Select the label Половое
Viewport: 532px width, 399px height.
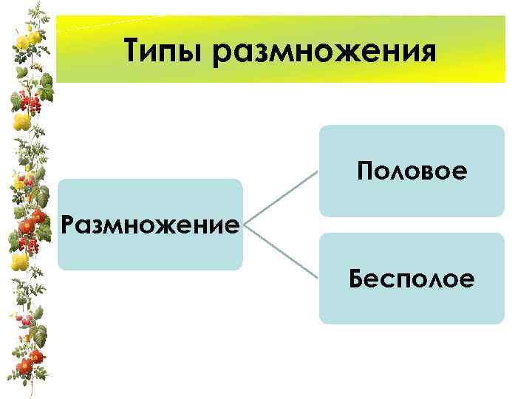[412, 171]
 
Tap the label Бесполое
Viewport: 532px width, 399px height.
[412, 279]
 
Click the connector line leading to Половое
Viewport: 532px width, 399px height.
[281, 197]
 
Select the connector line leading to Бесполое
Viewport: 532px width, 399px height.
[281, 251]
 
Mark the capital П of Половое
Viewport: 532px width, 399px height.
[365, 171]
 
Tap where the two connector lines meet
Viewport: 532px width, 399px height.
[245, 224]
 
